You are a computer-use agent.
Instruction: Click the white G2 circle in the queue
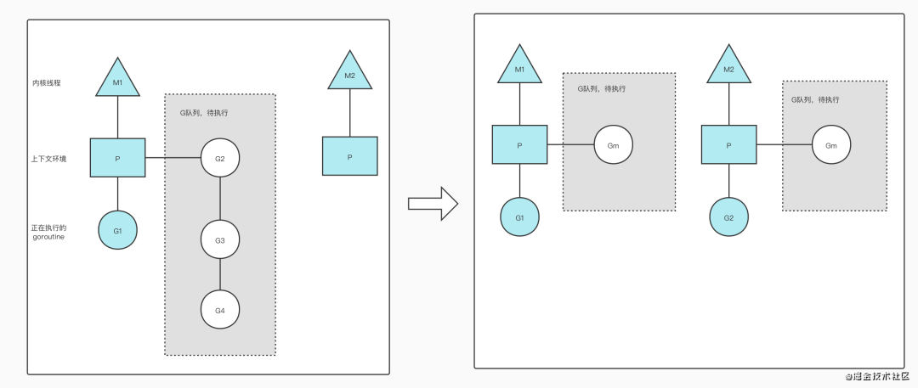220,158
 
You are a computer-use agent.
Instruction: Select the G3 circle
220,240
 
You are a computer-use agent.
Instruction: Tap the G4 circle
220,310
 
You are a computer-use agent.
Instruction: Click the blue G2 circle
728,217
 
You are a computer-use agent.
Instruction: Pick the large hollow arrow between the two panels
433,204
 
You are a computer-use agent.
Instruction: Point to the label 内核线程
47,83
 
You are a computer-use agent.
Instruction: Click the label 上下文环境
48,158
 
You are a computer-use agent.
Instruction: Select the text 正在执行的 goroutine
48,230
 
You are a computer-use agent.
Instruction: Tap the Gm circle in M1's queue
613,145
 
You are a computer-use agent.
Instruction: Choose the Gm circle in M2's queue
830,145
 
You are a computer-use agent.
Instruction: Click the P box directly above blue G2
728,144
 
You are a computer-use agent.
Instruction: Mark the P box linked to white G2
117,158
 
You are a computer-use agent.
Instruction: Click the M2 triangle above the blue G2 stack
728,66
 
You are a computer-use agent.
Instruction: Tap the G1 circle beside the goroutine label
117,230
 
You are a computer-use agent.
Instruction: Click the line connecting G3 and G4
220,275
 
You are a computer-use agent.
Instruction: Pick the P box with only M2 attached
349,156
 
